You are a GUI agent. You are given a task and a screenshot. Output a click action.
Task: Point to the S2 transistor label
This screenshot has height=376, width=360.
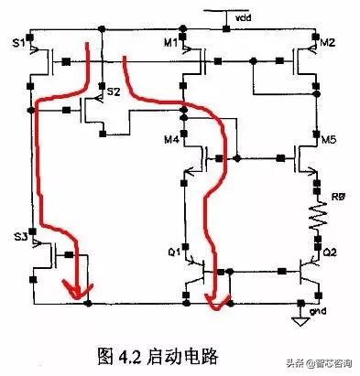pyautogui.click(x=113, y=93)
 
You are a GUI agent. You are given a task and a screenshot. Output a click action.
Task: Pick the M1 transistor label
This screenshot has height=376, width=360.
pyautogui.click(x=171, y=43)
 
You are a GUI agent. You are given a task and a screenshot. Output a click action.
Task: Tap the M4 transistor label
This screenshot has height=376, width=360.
pyautogui.click(x=171, y=139)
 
